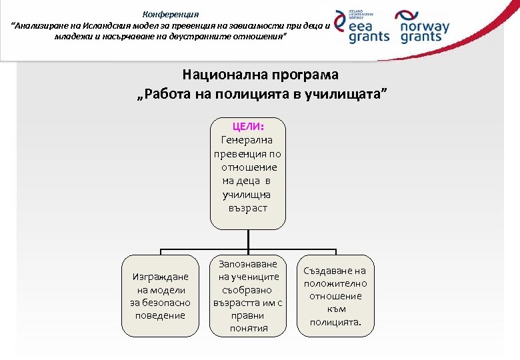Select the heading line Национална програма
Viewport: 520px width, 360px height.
[260, 74]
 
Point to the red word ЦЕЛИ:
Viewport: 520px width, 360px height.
[248, 126]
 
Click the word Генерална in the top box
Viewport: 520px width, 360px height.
[247, 140]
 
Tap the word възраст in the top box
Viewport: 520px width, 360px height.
[247, 208]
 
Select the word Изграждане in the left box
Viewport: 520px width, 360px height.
[161, 277]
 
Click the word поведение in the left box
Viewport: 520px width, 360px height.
[160, 315]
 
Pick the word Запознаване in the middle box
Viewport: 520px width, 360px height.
[248, 264]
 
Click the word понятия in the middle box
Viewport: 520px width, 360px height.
[248, 327]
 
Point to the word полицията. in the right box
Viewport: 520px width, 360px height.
[335, 322]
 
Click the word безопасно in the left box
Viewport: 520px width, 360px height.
[160, 302]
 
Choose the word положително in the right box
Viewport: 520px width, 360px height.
[335, 283]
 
